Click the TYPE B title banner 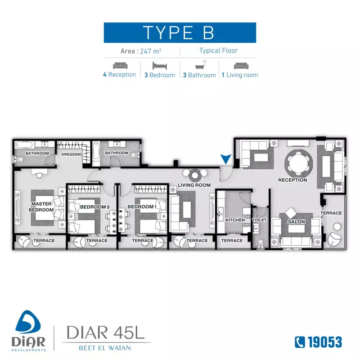click(180, 32)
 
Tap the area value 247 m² click(151, 51)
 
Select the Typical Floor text click(218, 51)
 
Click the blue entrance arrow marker click(226, 159)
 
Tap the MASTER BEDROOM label click(41, 207)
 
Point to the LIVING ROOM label click(194, 185)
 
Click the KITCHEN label click(235, 220)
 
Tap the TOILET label click(260, 220)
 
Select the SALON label click(297, 222)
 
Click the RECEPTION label click(292, 180)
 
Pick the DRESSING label click(71, 154)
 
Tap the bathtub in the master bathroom click(23, 144)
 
